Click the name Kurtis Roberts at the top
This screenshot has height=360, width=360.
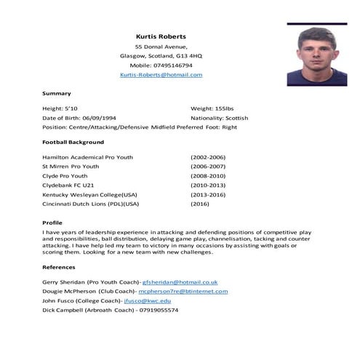click(161, 36)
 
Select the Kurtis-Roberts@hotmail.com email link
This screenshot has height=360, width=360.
click(161, 75)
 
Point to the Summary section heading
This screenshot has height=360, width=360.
click(57, 93)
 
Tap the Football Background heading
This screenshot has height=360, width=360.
click(73, 142)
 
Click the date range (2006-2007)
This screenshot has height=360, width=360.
click(208, 167)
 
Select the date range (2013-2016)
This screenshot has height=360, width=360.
click(208, 195)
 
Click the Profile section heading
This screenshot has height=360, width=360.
click(52, 223)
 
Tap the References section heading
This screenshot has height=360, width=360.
click(59, 267)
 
